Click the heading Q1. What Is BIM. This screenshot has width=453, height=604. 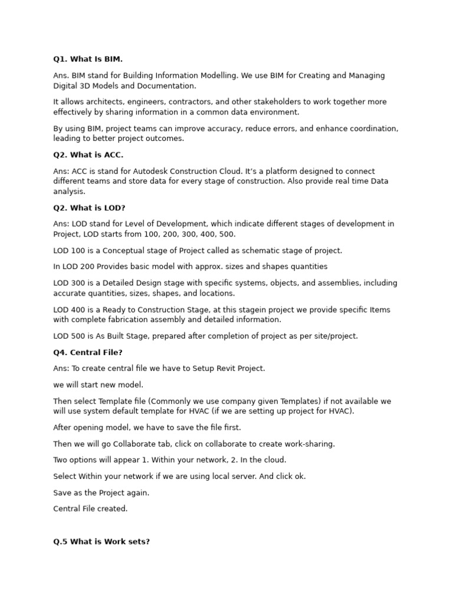(88, 59)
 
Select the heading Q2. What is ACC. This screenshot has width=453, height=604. (88, 155)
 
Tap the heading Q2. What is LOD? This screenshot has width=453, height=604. (89, 208)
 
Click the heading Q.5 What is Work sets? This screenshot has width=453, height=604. (101, 541)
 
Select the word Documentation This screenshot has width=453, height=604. (167, 86)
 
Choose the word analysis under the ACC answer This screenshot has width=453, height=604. (69, 191)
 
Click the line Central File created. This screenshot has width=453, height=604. (90, 508)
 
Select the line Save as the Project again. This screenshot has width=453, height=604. (101, 493)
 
